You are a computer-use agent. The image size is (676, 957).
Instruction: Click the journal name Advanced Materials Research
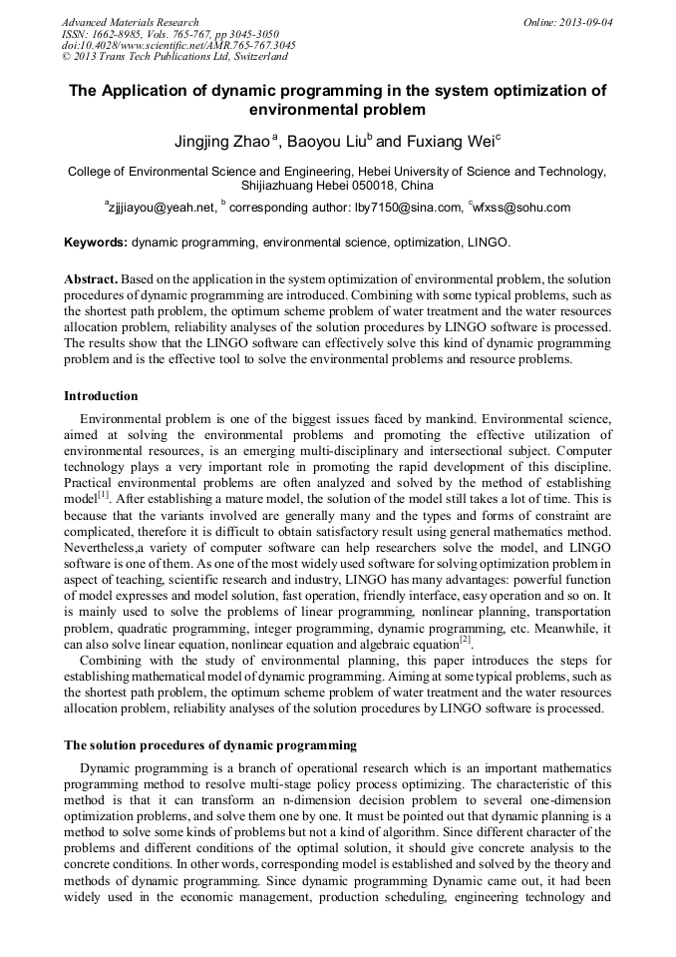point(130,21)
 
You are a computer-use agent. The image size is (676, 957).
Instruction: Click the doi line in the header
point(178,45)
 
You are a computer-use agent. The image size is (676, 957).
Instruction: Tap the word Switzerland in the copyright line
point(256,57)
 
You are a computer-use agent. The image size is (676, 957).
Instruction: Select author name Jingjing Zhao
point(220,142)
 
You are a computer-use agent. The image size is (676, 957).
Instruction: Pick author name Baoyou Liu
point(326,142)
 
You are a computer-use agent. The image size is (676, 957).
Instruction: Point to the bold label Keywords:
point(96,242)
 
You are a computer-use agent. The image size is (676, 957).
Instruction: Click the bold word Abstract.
point(92,279)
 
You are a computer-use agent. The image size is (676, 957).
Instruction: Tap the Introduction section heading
point(101,396)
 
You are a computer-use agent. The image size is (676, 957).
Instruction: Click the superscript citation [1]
point(103,493)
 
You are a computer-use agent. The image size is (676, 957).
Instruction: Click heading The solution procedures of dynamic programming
point(210,744)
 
